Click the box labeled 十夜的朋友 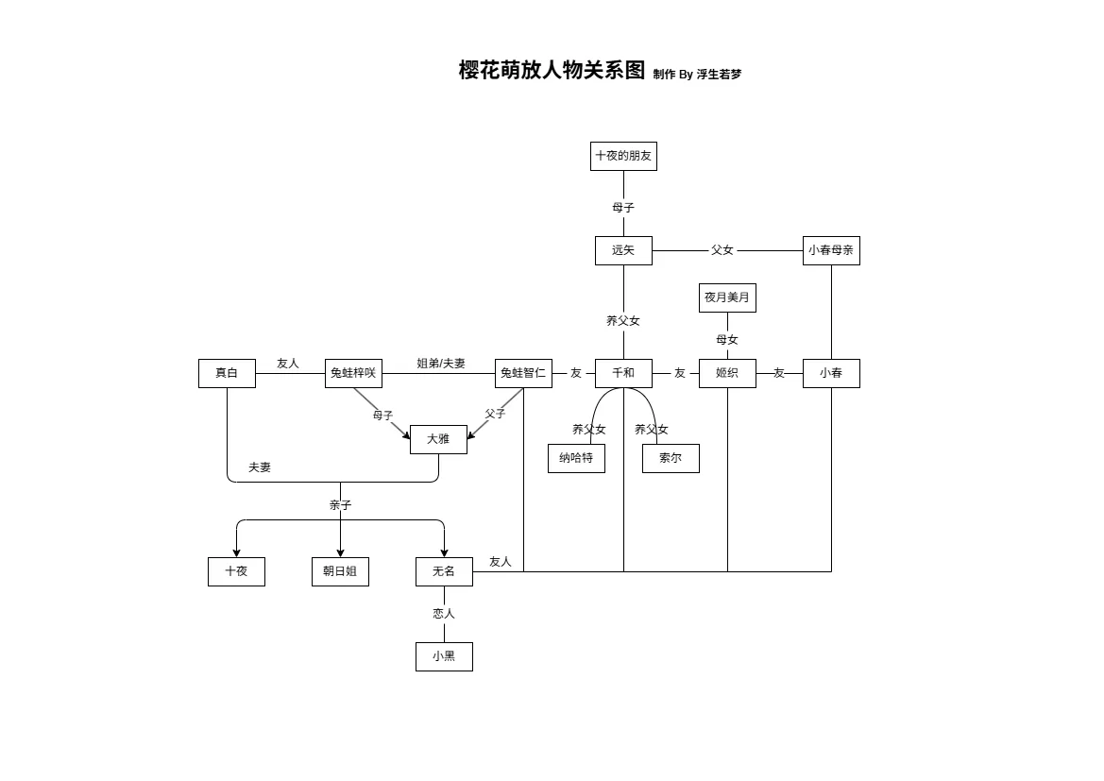pos(623,156)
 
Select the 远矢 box pos(623,250)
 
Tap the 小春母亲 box pos(831,250)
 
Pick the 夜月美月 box pos(727,297)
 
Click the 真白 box pos(227,373)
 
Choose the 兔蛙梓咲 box pos(353,373)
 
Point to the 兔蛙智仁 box pos(523,373)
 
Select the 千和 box pos(623,373)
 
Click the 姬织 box pos(727,373)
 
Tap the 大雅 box pos(438,439)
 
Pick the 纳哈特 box pos(576,458)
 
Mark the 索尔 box pos(671,458)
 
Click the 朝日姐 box pos(340,571)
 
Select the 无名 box pos(444,571)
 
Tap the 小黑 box pos(444,656)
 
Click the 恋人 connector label pos(444,614)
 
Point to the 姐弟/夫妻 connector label pos(441,364)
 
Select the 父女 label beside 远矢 pos(722,250)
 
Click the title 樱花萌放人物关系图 pos(552,71)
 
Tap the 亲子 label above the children pos(340,505)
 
